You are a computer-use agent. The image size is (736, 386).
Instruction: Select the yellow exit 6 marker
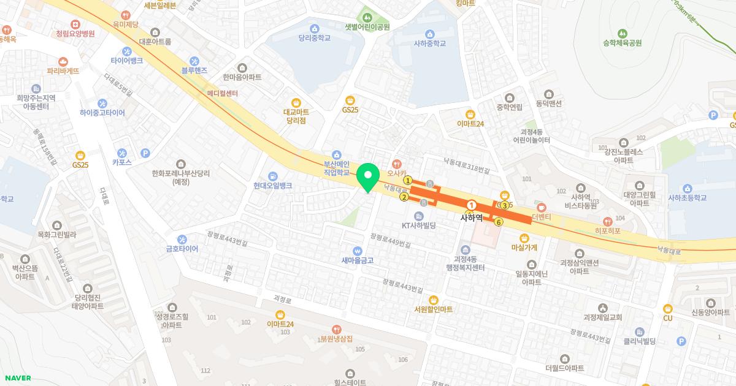499,222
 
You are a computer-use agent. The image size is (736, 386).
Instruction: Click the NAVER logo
17,378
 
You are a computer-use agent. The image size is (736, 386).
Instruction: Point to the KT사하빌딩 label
418,225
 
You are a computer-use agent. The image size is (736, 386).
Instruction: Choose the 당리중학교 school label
315,38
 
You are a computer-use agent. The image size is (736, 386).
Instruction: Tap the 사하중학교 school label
429,44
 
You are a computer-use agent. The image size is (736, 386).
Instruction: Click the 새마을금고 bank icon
358,250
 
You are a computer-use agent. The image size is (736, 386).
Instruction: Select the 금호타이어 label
182,249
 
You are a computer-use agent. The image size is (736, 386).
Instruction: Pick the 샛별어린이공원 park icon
367,16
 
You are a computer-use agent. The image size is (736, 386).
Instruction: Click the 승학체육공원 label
622,43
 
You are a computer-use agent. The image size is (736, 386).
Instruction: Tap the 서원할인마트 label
434,309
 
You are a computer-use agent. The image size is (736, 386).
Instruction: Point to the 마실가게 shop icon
524,238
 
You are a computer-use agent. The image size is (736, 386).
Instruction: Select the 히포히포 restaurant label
607,231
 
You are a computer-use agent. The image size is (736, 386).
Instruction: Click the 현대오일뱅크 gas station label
272,185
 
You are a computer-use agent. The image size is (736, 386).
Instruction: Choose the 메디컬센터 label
223,93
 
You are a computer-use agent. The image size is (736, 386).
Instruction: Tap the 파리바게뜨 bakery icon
63,61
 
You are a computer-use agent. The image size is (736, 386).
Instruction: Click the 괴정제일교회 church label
603,317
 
